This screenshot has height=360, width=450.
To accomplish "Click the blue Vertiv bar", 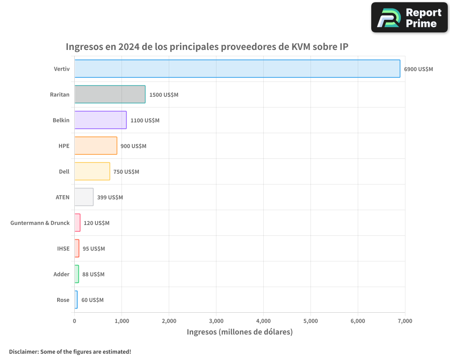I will (x=237, y=69).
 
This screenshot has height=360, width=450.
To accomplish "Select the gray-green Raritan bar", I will (x=110, y=94).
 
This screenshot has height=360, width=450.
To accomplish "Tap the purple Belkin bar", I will (x=100, y=120).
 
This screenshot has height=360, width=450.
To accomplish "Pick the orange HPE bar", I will (x=95, y=146).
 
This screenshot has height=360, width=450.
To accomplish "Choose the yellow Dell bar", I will (x=92, y=171).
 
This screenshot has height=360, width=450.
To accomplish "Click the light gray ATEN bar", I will (x=84, y=197).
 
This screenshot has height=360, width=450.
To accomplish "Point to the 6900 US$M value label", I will (x=418, y=69).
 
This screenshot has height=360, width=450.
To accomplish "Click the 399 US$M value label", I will (x=110, y=198).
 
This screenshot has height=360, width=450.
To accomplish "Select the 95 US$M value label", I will (x=94, y=249).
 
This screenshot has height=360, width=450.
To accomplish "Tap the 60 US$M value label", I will (x=92, y=300).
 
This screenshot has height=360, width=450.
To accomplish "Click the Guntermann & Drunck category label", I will (x=40, y=223).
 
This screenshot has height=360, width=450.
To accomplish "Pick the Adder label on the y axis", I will (x=62, y=274).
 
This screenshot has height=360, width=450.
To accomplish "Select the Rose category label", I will (x=63, y=300).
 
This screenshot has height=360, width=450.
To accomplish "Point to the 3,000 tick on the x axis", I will (x=216, y=321).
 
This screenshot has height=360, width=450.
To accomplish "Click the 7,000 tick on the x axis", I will (x=405, y=321).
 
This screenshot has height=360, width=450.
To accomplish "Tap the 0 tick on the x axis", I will (x=74, y=321).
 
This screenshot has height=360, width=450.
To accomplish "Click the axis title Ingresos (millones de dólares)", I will (x=239, y=332).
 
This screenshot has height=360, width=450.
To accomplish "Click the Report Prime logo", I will (x=409, y=18).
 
